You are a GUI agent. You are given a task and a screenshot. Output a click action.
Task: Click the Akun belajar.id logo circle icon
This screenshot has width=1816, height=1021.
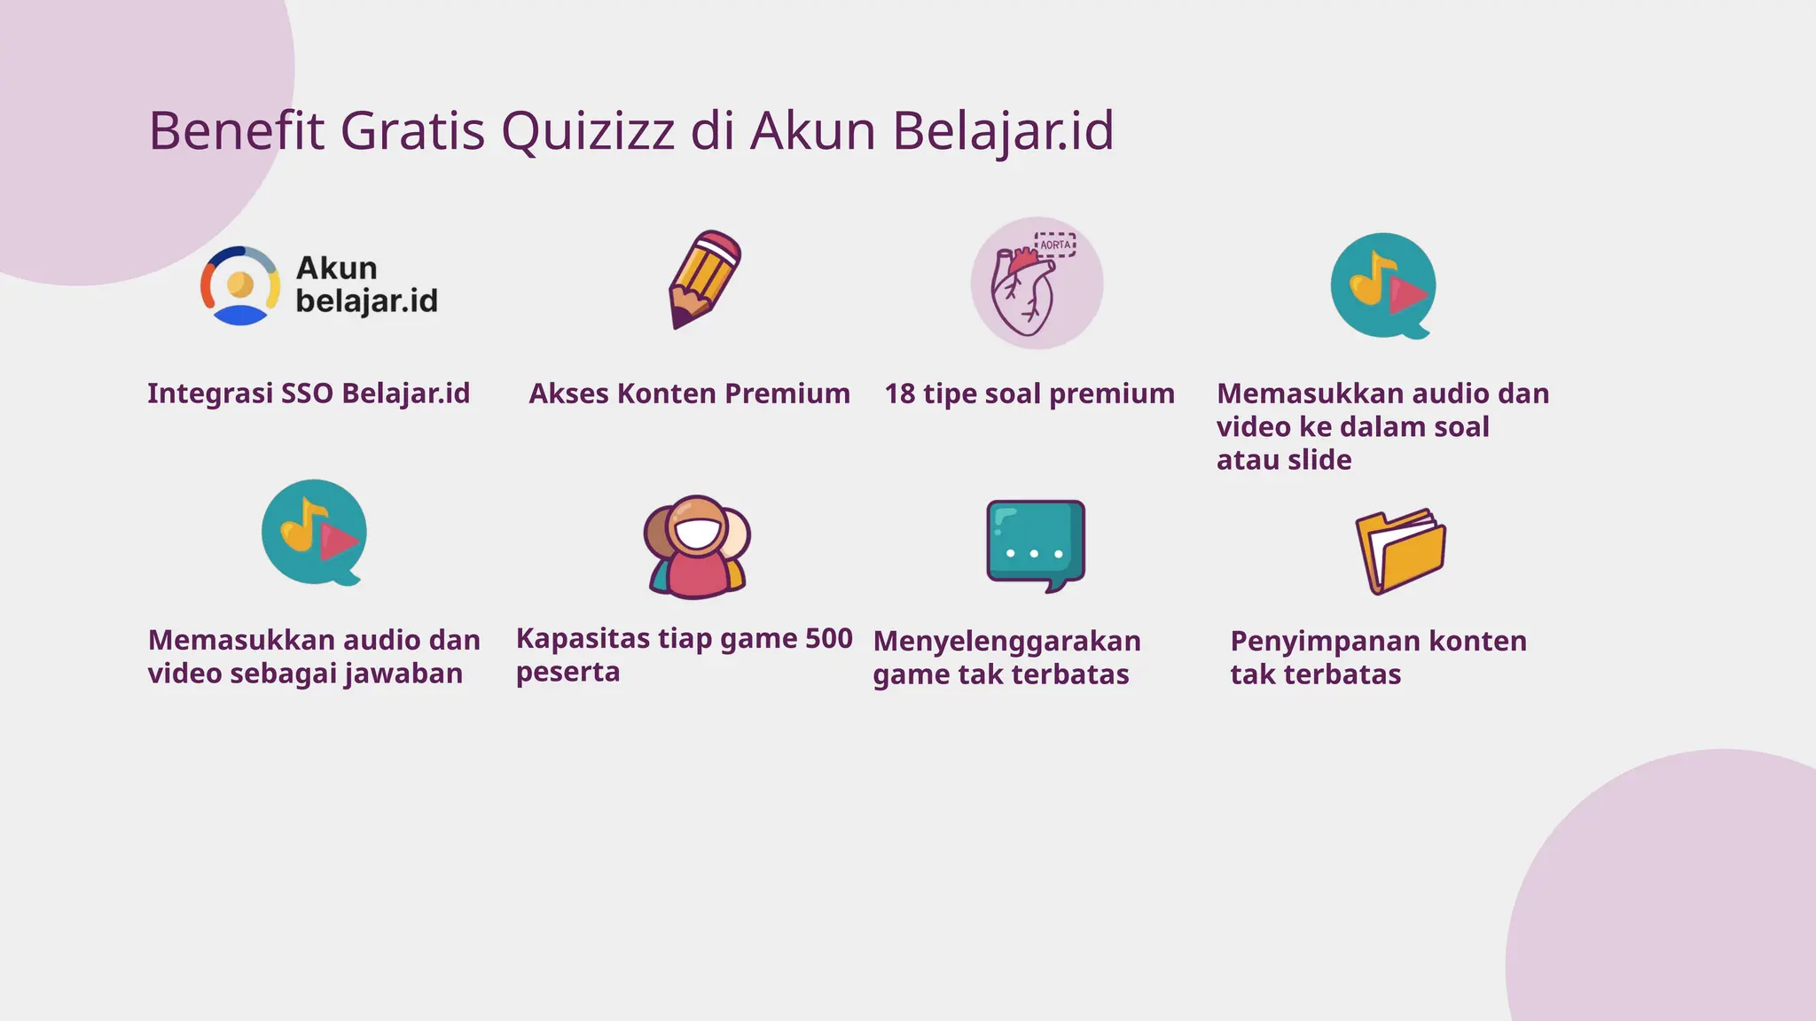click(240, 285)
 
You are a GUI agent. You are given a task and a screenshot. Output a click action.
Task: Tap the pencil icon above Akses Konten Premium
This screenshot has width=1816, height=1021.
click(704, 279)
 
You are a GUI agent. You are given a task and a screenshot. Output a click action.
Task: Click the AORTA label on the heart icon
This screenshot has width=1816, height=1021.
click(1055, 245)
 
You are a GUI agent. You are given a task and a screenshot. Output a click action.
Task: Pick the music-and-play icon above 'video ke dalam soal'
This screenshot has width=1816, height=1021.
click(1382, 285)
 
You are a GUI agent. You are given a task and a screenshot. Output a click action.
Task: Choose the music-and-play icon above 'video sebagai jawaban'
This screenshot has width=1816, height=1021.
click(314, 533)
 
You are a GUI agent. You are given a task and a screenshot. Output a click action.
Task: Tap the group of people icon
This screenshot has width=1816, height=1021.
click(697, 546)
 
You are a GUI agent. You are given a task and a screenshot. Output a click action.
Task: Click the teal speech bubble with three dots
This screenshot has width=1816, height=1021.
click(1036, 543)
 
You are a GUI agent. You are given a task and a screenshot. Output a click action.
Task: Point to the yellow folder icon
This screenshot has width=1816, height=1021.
click(1400, 550)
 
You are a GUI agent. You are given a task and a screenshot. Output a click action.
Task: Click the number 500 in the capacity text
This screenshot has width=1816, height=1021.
click(828, 638)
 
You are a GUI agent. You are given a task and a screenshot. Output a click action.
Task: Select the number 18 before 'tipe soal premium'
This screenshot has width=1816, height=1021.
click(899, 394)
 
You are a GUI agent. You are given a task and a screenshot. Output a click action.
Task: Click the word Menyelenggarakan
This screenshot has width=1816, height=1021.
click(1006, 641)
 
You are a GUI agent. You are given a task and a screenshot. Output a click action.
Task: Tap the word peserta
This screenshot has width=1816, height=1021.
click(567, 672)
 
